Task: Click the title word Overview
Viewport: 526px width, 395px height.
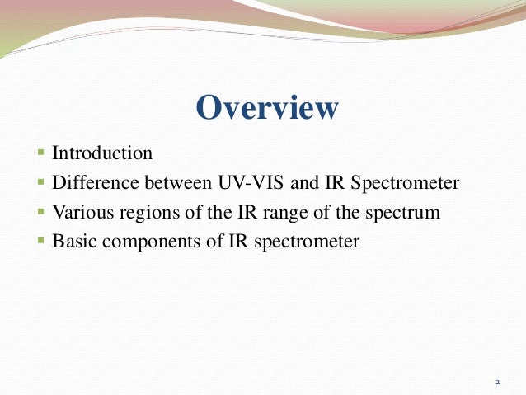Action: (268, 108)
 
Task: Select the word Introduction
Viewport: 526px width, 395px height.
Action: (102, 153)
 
